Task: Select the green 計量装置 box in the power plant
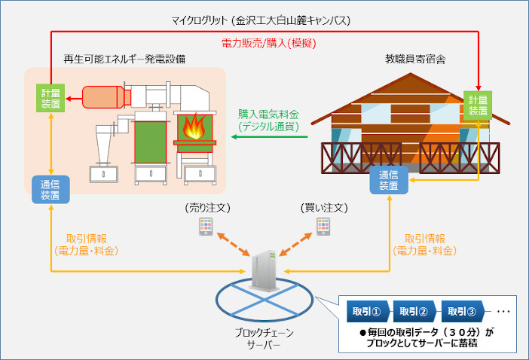(53, 98)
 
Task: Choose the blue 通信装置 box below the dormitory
(389, 180)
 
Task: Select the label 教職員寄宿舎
(412, 58)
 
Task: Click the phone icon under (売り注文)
(205, 226)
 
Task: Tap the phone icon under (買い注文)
(323, 226)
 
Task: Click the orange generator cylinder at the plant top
(104, 97)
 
